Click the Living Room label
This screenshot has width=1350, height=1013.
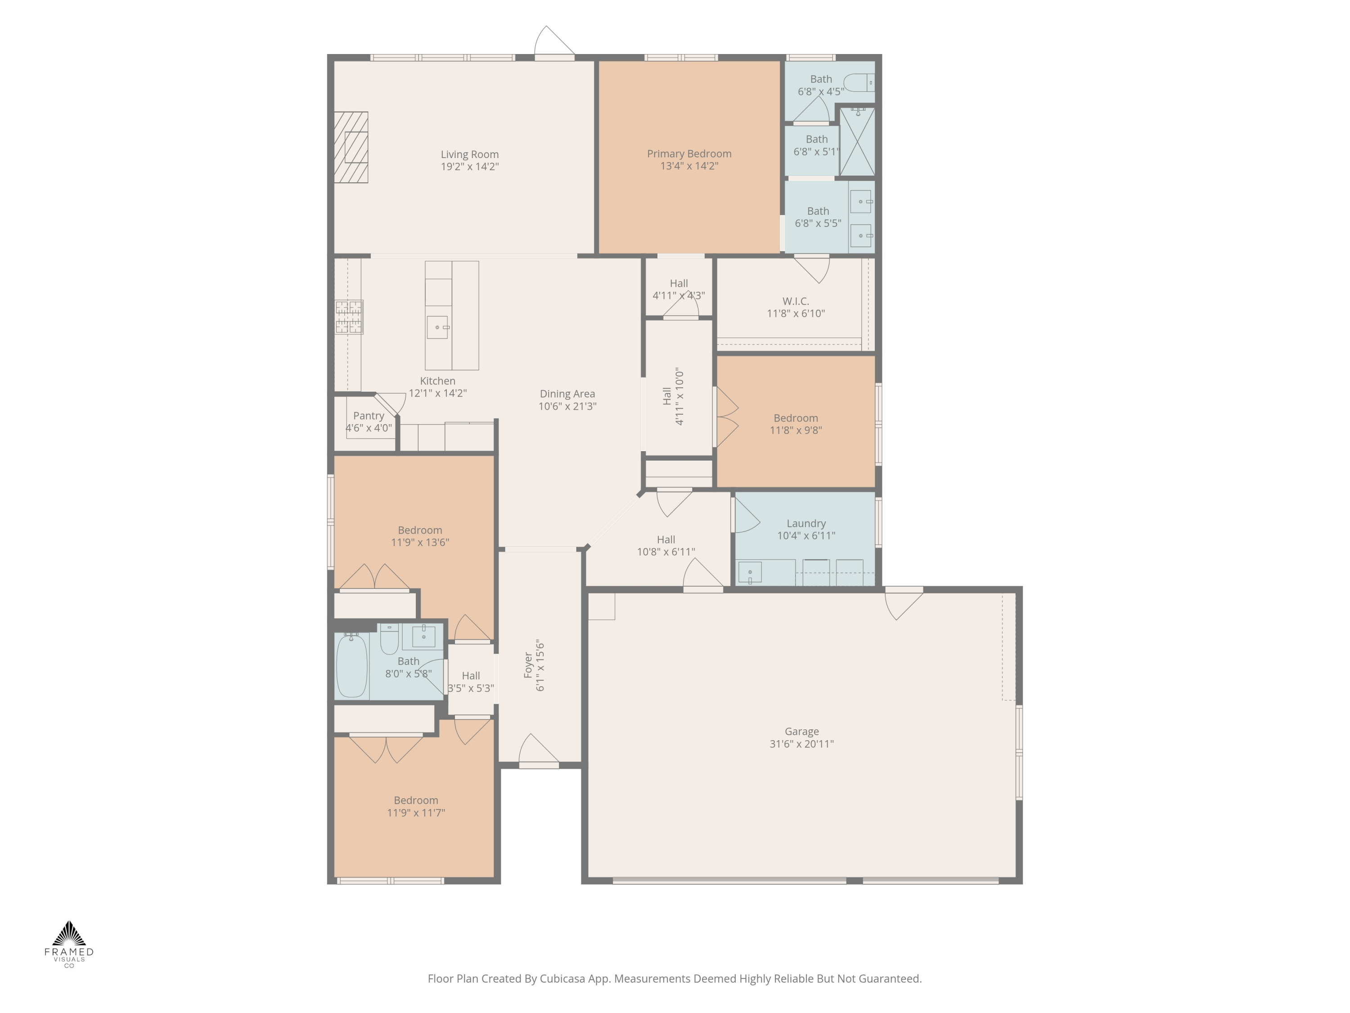tap(469, 154)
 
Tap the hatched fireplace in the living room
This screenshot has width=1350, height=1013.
tap(351, 147)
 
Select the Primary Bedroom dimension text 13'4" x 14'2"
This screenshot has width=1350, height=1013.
tap(689, 166)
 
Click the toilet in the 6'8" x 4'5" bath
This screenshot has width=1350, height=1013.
tap(860, 82)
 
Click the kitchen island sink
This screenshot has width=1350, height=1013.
tap(437, 327)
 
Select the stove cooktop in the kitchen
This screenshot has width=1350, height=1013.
tap(348, 317)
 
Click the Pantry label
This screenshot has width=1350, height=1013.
tap(369, 416)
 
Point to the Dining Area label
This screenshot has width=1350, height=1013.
tap(567, 394)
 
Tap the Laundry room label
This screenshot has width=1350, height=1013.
tap(805, 523)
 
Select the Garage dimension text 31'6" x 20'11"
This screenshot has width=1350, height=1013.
tap(801, 744)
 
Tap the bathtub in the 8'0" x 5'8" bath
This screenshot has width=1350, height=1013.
tap(351, 665)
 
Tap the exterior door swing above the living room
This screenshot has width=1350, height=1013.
tap(553, 41)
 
